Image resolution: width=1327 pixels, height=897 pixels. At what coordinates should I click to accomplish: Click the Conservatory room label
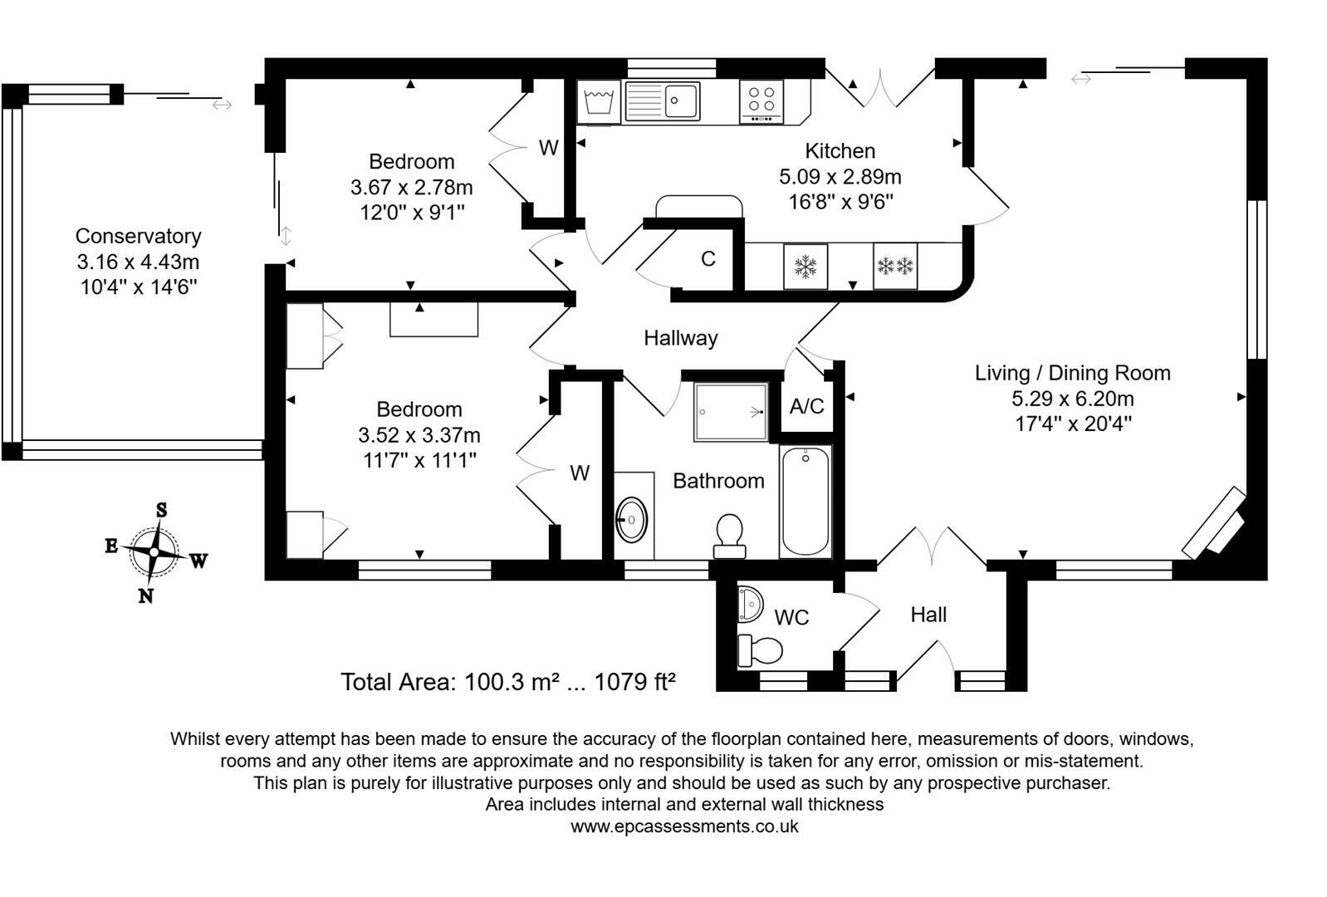click(138, 236)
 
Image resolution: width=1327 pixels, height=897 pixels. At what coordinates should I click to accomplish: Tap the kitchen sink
click(663, 100)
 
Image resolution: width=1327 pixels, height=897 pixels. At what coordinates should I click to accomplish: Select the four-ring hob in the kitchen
click(761, 101)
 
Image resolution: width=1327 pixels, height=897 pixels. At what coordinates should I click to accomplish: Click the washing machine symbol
click(599, 102)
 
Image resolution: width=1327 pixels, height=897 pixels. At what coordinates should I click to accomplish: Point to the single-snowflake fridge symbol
click(806, 267)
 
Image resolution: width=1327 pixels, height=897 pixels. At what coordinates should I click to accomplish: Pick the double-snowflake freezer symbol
click(895, 267)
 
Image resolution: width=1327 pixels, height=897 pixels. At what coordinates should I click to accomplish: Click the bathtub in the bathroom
click(806, 502)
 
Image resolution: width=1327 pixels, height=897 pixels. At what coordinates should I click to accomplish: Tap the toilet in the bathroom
click(729, 537)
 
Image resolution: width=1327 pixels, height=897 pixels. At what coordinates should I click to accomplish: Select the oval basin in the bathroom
click(631, 520)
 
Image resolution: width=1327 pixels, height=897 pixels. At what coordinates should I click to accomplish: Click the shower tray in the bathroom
click(731, 412)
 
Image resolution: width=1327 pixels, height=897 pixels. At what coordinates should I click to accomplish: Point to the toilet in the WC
click(760, 650)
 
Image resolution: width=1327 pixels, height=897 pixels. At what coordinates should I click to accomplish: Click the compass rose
click(154, 551)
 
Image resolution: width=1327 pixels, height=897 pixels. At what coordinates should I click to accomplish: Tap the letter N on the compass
click(145, 596)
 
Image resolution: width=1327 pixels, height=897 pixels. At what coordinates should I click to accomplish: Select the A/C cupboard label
click(807, 406)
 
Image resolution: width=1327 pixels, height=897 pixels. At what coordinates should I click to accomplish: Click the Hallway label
click(681, 338)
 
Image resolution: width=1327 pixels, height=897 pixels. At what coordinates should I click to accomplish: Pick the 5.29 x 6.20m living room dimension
click(1073, 398)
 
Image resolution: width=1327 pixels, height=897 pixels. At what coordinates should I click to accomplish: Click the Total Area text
click(508, 682)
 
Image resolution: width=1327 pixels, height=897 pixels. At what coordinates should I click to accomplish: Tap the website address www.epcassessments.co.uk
click(684, 826)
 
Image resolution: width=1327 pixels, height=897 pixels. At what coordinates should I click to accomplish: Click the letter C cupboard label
click(708, 259)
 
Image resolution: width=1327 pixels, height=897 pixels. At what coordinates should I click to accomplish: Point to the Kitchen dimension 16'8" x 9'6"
click(840, 202)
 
